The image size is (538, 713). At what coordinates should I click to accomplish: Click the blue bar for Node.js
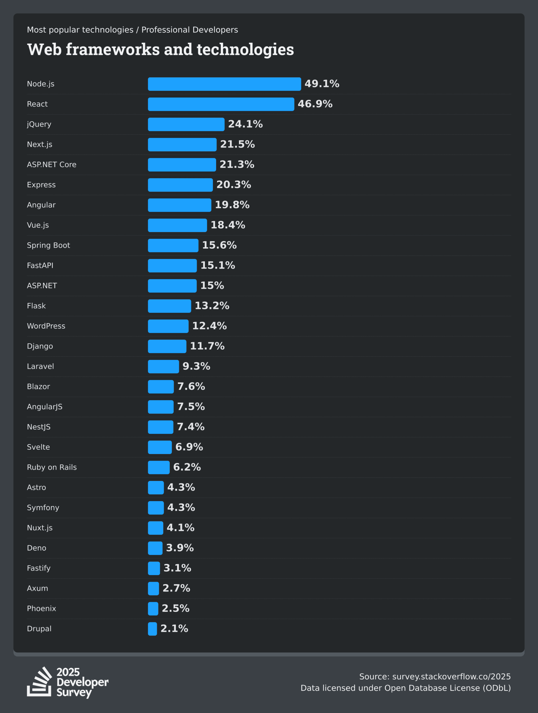click(224, 84)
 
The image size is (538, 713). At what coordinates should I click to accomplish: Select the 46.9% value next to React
click(315, 104)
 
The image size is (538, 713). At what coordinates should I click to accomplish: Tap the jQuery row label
click(39, 124)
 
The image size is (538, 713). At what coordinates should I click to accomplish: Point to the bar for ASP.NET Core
click(182, 165)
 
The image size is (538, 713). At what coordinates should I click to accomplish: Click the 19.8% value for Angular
click(232, 205)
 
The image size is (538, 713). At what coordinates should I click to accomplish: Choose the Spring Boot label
click(48, 245)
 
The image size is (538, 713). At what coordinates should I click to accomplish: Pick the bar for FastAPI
click(172, 266)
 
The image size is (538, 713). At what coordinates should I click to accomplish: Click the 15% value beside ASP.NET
click(212, 285)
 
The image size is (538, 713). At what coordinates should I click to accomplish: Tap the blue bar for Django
click(167, 346)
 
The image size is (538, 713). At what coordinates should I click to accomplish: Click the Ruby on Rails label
click(52, 467)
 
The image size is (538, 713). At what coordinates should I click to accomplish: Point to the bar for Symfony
click(156, 508)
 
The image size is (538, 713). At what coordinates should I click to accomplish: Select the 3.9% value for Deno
click(180, 548)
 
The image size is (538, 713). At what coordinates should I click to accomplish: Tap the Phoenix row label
click(41, 609)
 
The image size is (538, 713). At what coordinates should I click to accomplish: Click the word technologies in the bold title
click(245, 50)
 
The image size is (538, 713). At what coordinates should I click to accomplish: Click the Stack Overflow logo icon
click(39, 682)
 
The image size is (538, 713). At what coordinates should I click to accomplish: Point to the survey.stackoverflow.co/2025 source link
click(451, 677)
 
